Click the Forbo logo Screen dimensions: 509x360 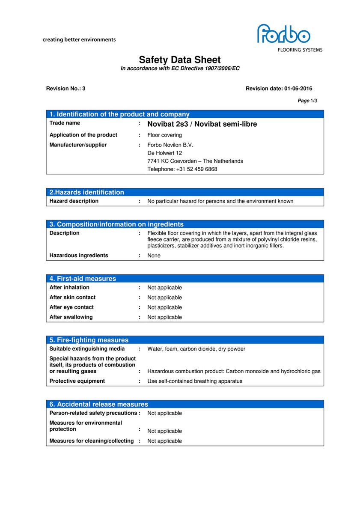[283, 34]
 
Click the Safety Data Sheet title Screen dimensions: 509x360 [180, 60]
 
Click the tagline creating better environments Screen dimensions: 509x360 [79, 40]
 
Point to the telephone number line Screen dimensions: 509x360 [182, 169]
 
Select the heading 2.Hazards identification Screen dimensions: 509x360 [87, 192]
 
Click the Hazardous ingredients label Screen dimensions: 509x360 [79, 256]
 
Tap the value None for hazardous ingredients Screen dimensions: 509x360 [154, 256]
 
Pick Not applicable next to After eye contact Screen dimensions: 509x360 [165, 307]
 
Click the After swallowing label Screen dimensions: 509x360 [71, 317]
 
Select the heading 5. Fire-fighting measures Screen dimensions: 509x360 [89, 340]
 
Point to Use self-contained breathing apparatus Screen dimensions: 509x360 [195, 381]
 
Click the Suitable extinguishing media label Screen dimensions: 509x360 [87, 349]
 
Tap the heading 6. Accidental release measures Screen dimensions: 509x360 [99, 404]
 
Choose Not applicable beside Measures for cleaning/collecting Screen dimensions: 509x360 [165, 441]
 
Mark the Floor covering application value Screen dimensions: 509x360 [165, 135]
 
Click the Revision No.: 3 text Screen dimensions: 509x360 [66, 89]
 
